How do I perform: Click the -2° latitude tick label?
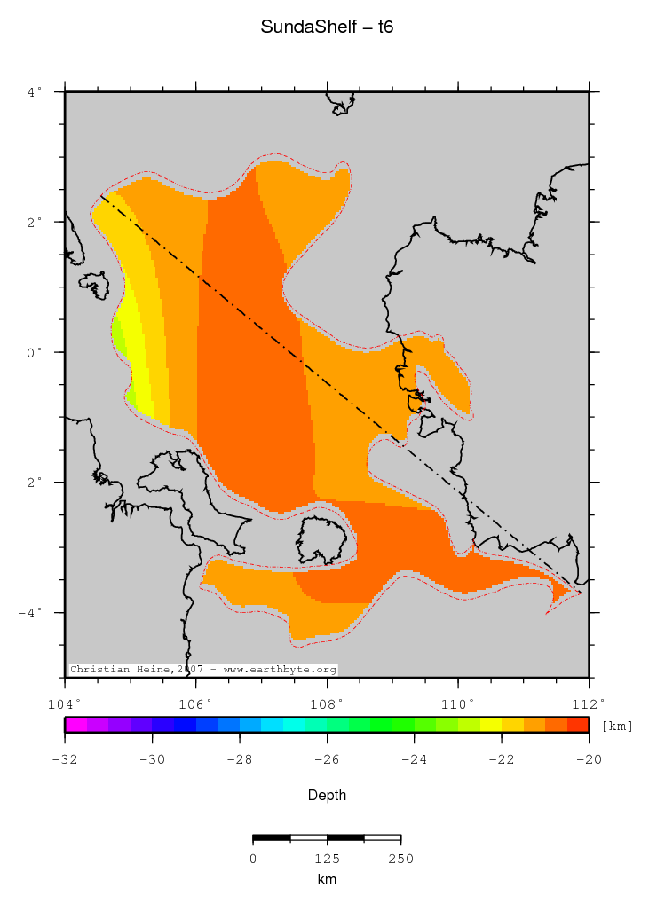31,483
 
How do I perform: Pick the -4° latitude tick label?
31,613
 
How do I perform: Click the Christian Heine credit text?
203,670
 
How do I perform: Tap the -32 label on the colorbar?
66,759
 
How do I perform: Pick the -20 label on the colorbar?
589,759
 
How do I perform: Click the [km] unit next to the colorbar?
618,726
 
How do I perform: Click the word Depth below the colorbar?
328,796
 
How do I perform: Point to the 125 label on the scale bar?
328,859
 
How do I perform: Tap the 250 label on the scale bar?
401,859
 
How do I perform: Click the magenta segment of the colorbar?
76,725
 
